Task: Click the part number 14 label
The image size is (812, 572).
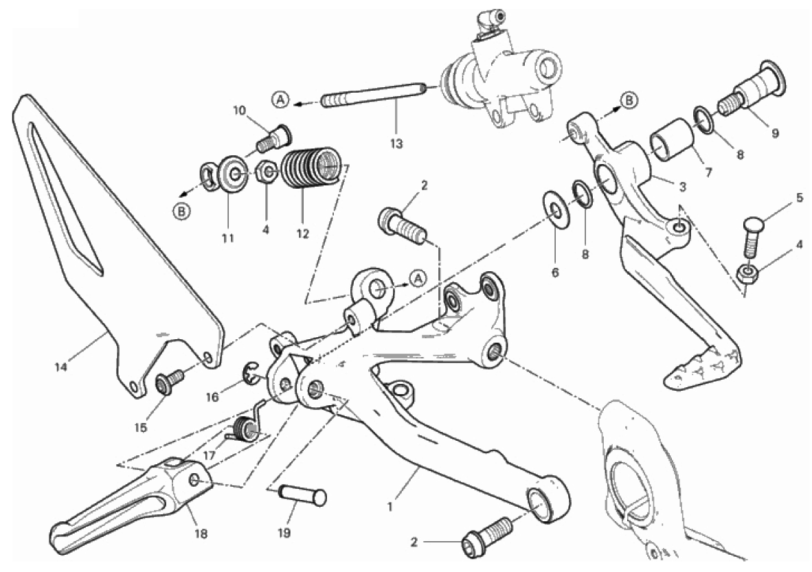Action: coord(60,367)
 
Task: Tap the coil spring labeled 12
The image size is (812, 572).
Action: coord(311,167)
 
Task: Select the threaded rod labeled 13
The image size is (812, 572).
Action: coord(374,95)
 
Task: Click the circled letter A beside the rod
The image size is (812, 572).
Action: coord(280,99)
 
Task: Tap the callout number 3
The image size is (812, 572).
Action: coord(683,187)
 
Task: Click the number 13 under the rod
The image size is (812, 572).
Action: coord(396,144)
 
